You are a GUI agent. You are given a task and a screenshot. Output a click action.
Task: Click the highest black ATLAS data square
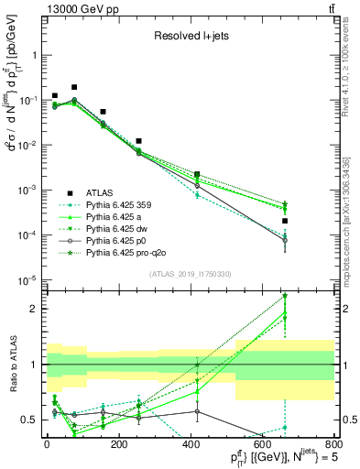click(74, 87)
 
